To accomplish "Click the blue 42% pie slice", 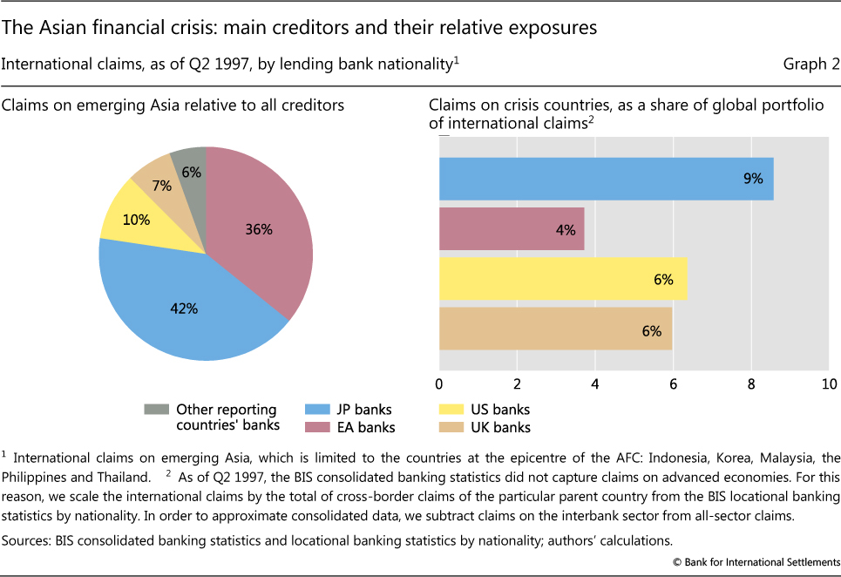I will coord(183,305).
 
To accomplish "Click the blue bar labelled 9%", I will coord(606,179).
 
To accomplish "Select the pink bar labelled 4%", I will coord(512,229).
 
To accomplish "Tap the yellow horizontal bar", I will coord(563,280).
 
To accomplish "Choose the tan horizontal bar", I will coord(555,330).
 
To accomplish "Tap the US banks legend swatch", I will coord(453,410).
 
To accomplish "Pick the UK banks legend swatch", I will coord(453,427).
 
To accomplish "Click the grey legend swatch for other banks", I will coord(157,410).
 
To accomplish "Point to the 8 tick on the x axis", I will coord(751,384).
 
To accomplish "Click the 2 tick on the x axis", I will coord(518,384).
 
